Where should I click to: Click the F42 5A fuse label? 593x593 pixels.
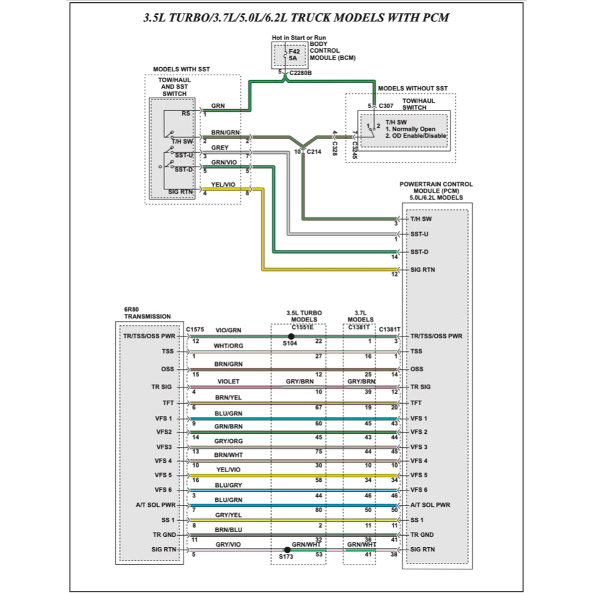coord(294,55)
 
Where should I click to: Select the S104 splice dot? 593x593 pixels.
coord(291,336)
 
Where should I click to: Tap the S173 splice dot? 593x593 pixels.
coord(287,550)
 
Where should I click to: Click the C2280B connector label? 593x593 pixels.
coord(301,74)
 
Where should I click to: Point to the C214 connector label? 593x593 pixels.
coord(313,152)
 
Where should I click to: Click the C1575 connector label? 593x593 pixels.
coord(195,329)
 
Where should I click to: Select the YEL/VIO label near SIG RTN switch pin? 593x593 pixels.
coord(223,185)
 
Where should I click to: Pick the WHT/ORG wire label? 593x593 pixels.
coord(228,346)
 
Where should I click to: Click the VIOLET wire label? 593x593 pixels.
coord(228,382)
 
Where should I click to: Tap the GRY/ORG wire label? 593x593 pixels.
coord(228,441)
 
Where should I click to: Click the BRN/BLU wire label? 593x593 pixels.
coord(228,530)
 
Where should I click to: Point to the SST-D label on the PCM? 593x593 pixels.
coord(419,252)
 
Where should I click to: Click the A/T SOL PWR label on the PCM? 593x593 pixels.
coord(430,505)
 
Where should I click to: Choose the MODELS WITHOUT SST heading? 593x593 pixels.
coord(412,88)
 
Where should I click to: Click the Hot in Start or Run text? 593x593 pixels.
coord(299,38)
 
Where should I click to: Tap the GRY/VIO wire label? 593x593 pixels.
coord(228,544)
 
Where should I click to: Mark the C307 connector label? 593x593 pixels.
coord(386,106)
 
